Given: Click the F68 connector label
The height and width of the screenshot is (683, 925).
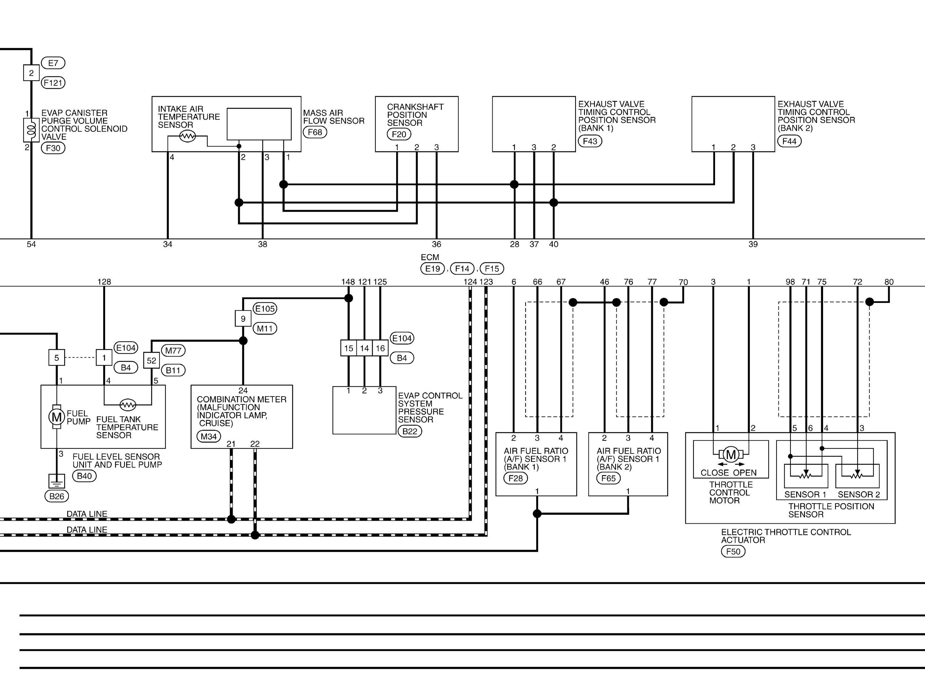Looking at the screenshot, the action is tap(315, 132).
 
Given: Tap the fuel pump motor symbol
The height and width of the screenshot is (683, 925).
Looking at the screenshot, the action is tap(57, 417).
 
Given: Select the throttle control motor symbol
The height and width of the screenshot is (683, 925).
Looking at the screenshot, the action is tap(731, 455).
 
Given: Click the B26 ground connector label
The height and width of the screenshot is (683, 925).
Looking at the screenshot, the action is tap(57, 496).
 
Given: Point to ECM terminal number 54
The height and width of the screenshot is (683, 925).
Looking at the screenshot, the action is tap(31, 244).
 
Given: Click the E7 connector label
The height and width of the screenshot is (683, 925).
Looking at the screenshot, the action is tap(53, 63).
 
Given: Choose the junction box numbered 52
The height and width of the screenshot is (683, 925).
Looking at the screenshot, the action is tap(152, 360).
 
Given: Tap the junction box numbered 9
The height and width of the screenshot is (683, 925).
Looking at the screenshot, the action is tap(243, 319).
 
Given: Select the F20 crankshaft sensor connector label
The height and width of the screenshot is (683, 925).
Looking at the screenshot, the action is tap(399, 134).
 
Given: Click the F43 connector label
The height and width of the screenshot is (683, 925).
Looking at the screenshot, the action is tap(590, 141).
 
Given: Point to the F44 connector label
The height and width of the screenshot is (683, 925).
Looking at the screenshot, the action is tap(789, 141).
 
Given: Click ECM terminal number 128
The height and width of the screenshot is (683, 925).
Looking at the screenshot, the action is tap(104, 282).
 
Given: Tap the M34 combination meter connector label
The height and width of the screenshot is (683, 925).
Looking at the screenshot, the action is tap(209, 437).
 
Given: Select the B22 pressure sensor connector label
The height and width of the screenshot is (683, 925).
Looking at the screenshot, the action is tap(410, 432).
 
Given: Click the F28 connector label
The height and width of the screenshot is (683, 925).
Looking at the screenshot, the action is tap(516, 478).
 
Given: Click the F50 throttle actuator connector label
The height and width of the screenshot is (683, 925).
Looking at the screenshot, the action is tap(733, 552).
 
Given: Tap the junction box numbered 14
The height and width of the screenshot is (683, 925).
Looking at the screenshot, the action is tap(364, 348).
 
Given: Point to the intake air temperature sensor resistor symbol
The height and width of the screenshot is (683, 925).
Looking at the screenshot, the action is tap(188, 136).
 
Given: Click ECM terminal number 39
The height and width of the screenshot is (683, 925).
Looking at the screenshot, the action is tap(753, 244).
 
